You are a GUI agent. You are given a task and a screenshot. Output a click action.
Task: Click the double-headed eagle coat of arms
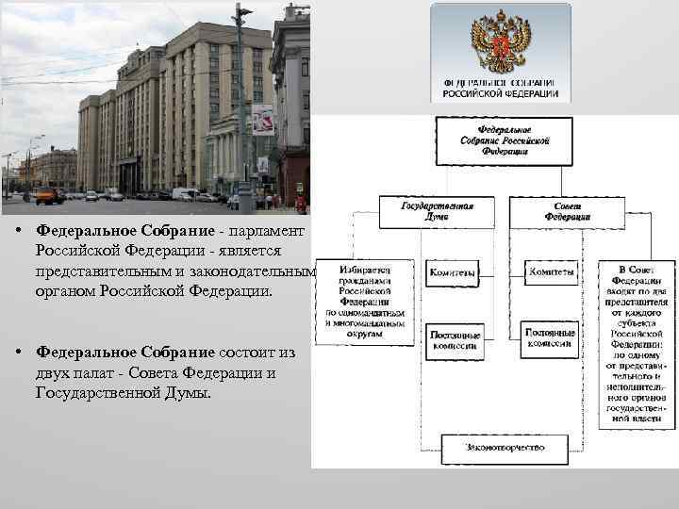pyautogui.click(x=500, y=43)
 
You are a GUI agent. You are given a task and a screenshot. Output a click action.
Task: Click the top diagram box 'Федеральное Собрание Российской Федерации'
pyautogui.click(x=503, y=140)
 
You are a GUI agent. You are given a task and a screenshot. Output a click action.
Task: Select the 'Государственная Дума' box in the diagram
pyautogui.click(x=437, y=210)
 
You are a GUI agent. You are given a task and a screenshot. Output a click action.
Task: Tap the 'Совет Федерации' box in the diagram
pyautogui.click(x=567, y=210)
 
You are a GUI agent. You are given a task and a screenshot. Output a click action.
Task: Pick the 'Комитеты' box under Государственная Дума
pyautogui.click(x=453, y=272)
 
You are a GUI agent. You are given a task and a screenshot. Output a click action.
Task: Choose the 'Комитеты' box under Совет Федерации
pyautogui.click(x=551, y=272)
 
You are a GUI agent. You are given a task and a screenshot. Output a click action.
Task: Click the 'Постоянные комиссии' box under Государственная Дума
pyautogui.click(x=455, y=339)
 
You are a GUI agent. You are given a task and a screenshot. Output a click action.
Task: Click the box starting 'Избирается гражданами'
pyautogui.click(x=364, y=301)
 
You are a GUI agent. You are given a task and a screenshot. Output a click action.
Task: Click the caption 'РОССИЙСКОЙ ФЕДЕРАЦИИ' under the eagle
pyautogui.click(x=501, y=94)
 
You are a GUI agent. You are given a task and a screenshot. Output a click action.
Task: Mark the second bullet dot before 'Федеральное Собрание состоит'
pyautogui.click(x=19, y=353)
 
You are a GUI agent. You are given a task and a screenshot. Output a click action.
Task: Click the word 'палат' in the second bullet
pyautogui.click(x=92, y=372)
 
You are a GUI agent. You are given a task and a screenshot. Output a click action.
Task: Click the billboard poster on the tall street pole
pyautogui.click(x=263, y=120)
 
